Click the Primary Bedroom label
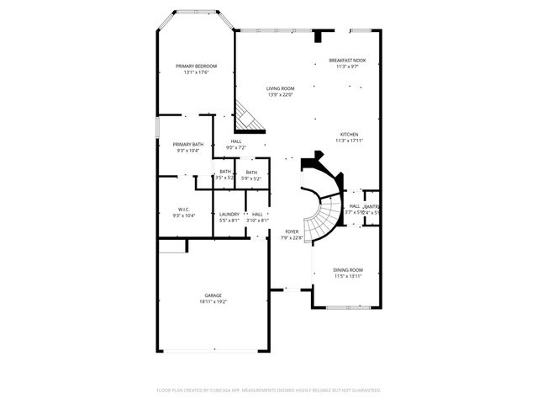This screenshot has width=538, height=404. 196,66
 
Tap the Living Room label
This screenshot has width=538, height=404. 280,88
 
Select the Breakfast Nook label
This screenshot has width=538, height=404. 347,61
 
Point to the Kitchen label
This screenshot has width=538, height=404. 349,135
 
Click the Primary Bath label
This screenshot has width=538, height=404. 188,144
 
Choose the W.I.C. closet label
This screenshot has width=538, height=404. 183,210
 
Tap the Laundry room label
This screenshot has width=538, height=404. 229,214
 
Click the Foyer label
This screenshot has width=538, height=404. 292,231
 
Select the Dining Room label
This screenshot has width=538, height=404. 347,270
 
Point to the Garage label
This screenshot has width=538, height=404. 213,295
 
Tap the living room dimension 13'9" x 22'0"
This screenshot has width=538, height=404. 280,94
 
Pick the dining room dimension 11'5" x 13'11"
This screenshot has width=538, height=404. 347,276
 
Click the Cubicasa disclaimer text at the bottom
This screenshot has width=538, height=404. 269,391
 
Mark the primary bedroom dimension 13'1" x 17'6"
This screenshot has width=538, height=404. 196,72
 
